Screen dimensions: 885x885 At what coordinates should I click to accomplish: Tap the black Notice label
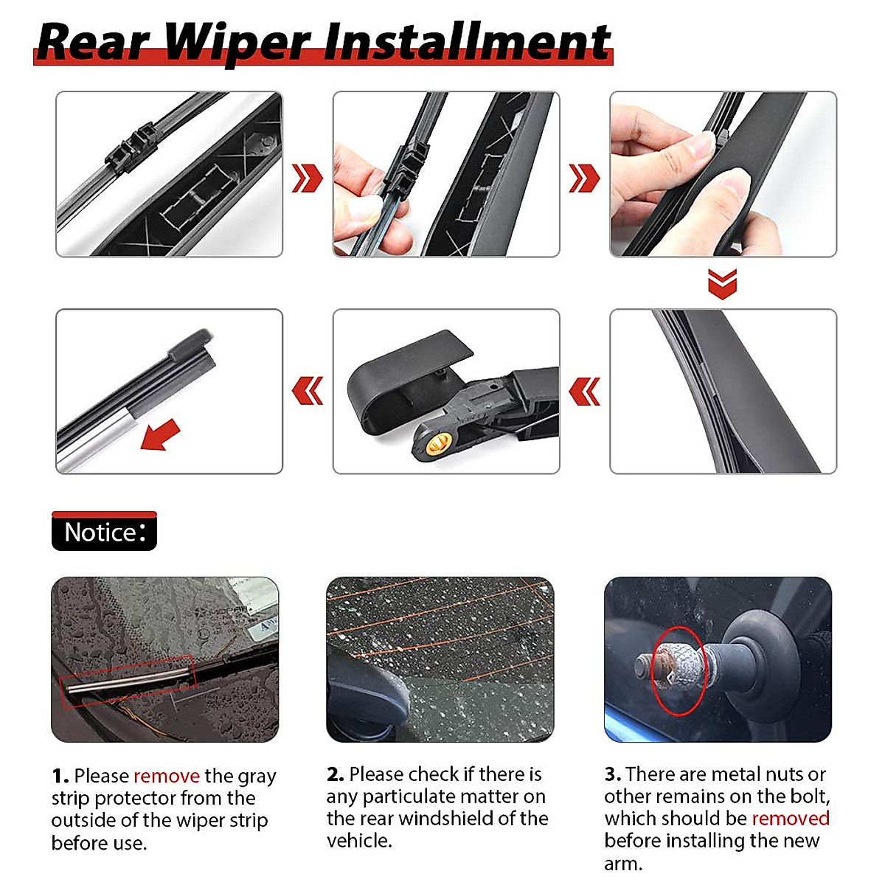[104, 532]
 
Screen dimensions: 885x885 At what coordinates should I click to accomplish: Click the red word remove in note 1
[167, 776]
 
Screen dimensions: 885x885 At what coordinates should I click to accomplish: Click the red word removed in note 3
[791, 818]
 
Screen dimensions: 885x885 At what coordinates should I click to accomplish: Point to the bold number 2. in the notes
[336, 774]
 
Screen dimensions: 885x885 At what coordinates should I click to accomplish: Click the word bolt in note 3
[809, 796]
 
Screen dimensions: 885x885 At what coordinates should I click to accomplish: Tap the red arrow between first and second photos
[307, 178]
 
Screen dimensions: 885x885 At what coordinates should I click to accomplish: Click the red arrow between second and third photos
[584, 178]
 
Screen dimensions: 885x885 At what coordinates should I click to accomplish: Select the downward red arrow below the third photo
[722, 283]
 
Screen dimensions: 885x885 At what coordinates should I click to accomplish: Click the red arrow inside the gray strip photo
[161, 434]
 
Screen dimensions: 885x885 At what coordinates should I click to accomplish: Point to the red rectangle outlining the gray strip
[127, 681]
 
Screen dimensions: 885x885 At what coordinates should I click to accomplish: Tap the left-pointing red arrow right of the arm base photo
[585, 391]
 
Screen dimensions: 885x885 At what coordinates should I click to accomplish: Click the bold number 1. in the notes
[60, 776]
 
